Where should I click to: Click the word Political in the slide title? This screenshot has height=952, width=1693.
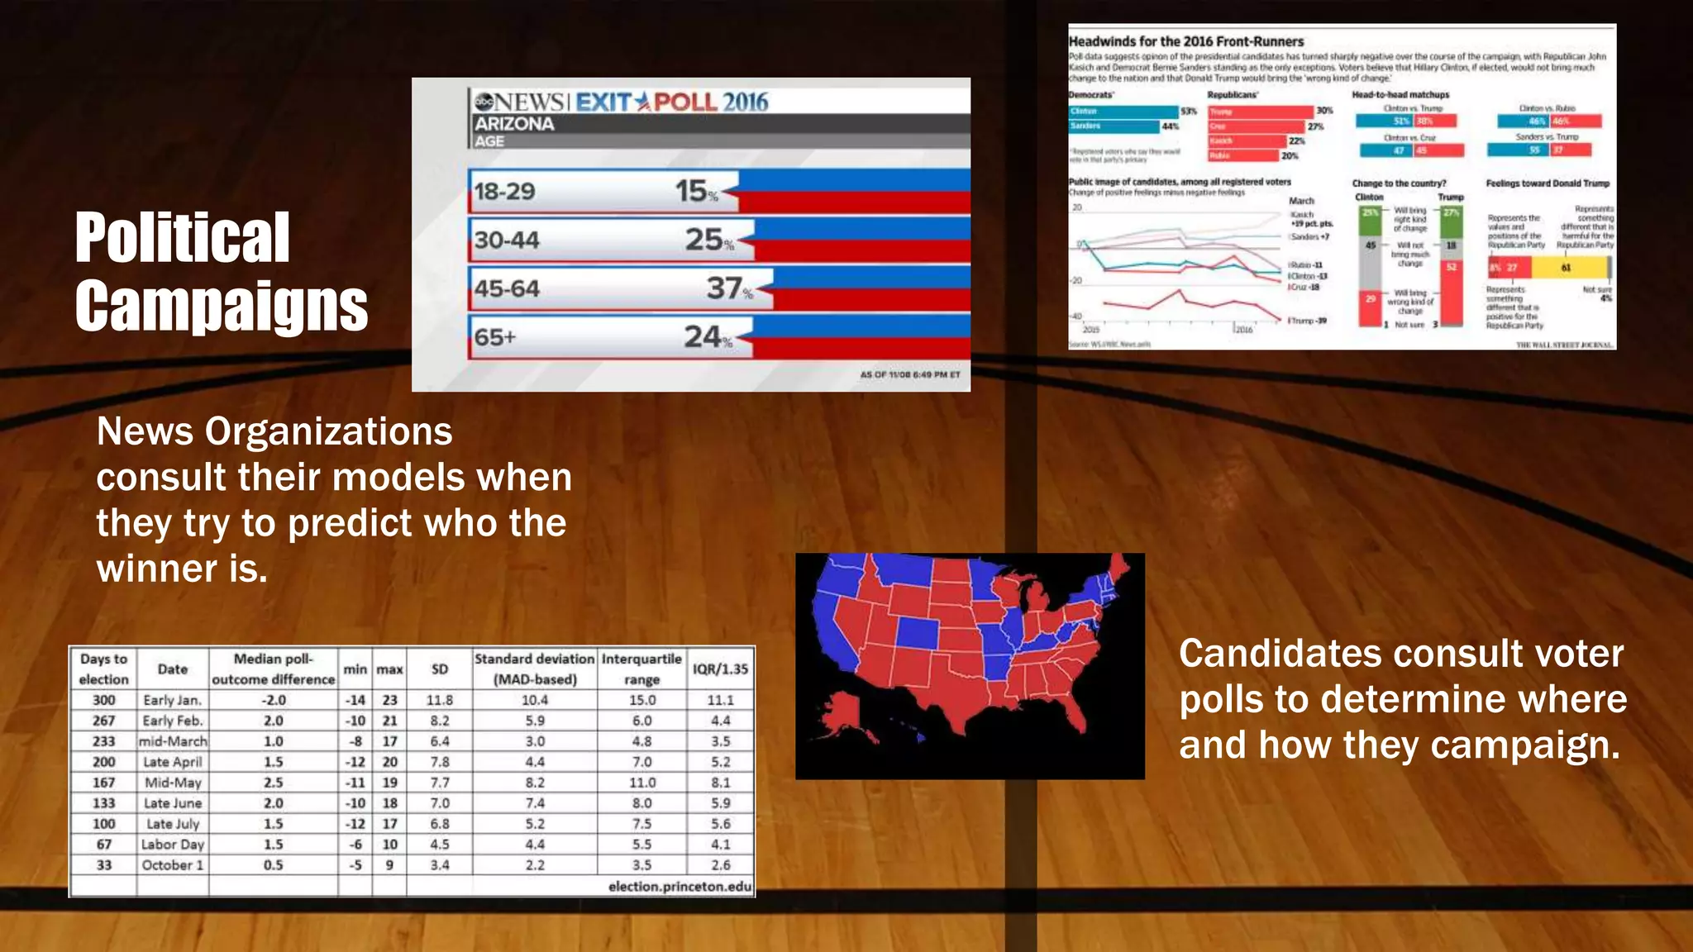coord(182,238)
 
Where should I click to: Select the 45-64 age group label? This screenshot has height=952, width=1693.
coord(507,289)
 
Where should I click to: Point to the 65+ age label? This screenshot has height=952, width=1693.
coord(494,337)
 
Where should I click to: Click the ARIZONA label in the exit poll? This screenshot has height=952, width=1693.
coord(514,124)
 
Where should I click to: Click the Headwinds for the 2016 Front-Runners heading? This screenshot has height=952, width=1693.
coord(1185,41)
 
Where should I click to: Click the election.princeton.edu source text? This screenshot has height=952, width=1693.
coord(680,886)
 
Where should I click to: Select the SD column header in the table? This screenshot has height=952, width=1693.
coord(440,669)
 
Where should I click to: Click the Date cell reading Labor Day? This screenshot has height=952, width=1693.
coord(172,844)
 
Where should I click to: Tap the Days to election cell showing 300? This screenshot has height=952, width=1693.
coord(103,700)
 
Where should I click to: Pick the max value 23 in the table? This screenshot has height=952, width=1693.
coord(389,700)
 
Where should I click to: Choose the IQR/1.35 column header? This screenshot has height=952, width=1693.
coord(720,669)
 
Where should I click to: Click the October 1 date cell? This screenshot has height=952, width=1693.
coord(172,864)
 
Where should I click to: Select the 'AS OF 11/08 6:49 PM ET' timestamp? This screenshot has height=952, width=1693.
coord(909,374)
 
